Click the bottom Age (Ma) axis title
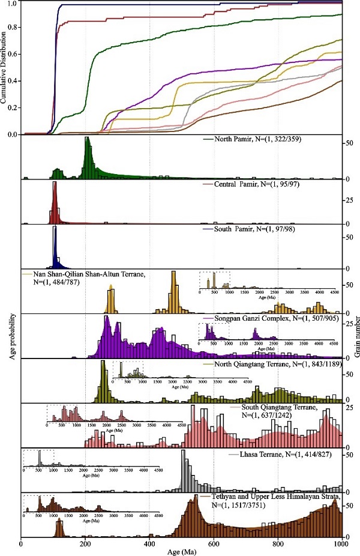pos(181,551)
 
